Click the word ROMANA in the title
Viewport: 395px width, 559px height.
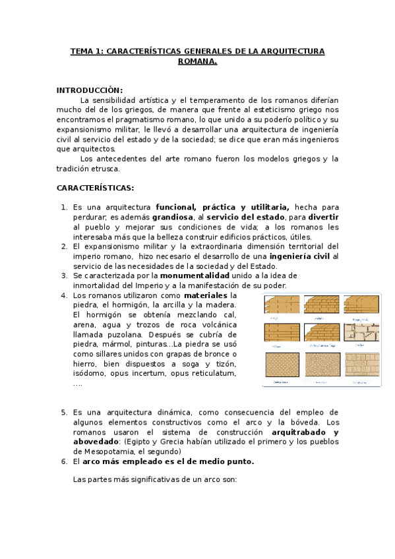click(x=197, y=61)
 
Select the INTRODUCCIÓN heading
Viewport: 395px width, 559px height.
click(x=90, y=90)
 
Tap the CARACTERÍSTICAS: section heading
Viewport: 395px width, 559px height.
click(x=96, y=188)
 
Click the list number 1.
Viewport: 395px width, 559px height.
click(x=64, y=207)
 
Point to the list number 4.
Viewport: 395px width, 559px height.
click(x=64, y=295)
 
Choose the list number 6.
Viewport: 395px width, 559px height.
click(x=64, y=461)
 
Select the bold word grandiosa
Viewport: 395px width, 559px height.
click(x=173, y=217)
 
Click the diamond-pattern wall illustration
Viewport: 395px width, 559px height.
click(x=282, y=366)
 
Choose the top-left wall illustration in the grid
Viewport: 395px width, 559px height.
click(x=282, y=305)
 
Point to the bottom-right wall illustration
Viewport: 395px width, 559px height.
click(x=359, y=366)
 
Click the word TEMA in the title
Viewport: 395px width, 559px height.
click(x=84, y=51)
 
